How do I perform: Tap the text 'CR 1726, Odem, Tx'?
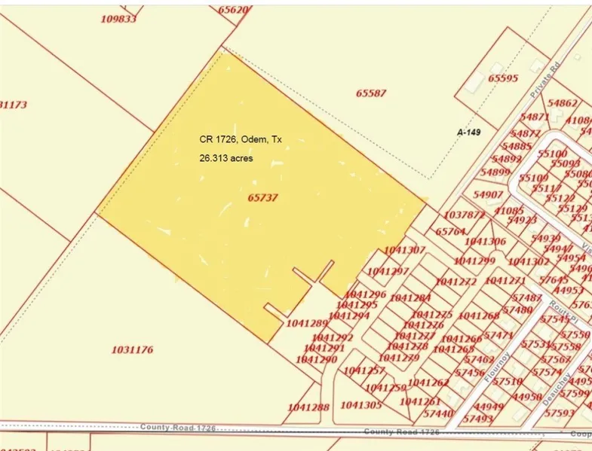tap(241, 139)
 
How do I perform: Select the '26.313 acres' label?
tap(226, 159)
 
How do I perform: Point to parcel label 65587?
tap(371, 93)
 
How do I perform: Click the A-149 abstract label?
tap(469, 131)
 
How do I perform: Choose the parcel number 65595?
tap(503, 78)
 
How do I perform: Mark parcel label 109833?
tap(118, 19)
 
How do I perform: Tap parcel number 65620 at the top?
tap(233, 10)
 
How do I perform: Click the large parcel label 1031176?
tap(132, 350)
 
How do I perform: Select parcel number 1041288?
tap(308, 407)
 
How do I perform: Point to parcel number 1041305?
tap(361, 404)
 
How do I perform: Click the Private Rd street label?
tap(548, 78)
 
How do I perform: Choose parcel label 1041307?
tap(405, 250)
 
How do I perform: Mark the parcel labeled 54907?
tap(488, 194)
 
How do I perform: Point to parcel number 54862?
tap(563, 103)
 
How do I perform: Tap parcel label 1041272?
tap(456, 281)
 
